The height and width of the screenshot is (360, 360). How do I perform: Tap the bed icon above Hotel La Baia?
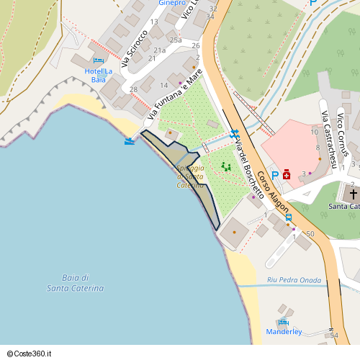98,60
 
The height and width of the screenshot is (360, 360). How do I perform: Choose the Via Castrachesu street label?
328,141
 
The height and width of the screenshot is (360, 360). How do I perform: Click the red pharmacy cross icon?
287,174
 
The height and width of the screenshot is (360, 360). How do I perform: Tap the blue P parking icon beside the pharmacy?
275,175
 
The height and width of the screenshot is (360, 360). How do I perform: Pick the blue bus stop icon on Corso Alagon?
289,217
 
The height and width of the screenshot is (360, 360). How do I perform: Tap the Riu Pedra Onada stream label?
293,279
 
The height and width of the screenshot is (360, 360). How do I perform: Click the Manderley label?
284,332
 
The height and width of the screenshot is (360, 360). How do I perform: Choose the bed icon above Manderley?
284,320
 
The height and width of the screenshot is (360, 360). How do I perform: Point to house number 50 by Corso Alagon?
310,234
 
